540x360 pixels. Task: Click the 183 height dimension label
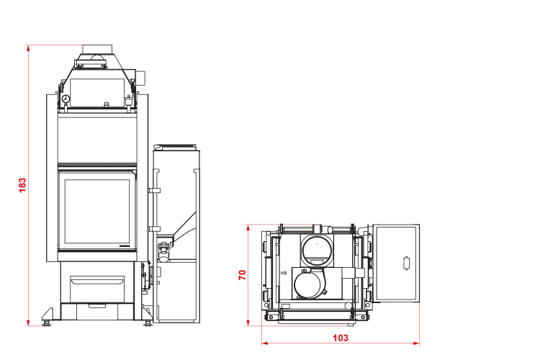pos(22,185)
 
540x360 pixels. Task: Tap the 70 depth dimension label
pos(243,274)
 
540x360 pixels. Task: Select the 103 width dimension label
pos(341,338)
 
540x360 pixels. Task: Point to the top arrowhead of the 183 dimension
pos(28,48)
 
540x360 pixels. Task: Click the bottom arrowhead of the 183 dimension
pos(28,322)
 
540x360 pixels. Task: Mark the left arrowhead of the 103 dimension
pos(265,343)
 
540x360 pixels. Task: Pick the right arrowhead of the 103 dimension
pos(416,343)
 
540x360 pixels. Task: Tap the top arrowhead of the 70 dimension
pos(248,228)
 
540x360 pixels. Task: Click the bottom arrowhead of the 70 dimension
pos(248,322)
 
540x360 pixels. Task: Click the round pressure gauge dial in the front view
pos(66,99)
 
